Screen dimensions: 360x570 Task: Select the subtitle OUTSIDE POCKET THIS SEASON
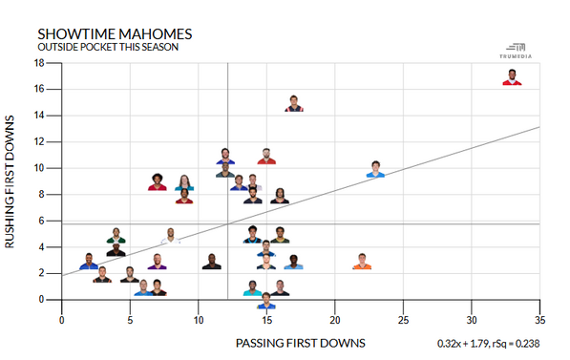coord(107,47)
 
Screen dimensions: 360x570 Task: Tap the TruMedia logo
coord(515,51)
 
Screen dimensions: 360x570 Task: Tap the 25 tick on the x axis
coord(403,322)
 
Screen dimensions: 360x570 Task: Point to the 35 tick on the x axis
coord(539,322)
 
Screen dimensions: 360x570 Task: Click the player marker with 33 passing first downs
coord(513,77)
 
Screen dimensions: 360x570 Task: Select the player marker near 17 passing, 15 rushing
coord(294,103)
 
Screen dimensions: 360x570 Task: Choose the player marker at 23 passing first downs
coord(375,169)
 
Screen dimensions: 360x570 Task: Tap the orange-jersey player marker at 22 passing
coord(362,262)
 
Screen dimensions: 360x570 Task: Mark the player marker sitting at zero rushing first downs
coord(266,301)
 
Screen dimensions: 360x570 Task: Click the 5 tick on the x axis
coord(130,322)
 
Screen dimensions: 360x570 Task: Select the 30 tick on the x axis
coord(472,322)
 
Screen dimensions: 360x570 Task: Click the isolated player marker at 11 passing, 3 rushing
coord(212,262)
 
